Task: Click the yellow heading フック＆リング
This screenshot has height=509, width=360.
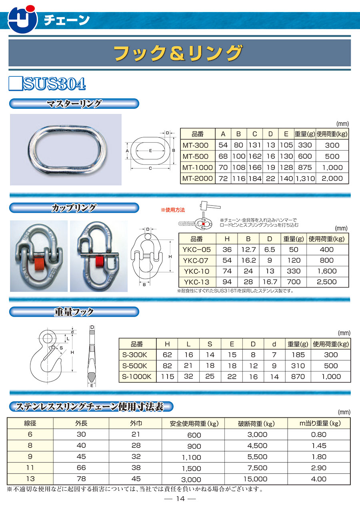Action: point(178,53)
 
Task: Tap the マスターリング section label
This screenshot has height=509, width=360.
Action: point(74,104)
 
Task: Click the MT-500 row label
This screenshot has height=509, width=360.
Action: point(195,156)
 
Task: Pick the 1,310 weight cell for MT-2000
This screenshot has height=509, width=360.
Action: point(305,179)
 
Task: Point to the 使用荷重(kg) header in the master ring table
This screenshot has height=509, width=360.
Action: point(332,134)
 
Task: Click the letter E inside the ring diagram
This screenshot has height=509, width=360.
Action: point(150,151)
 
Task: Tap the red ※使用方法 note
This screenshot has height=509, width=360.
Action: point(173,210)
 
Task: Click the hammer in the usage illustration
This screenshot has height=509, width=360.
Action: point(210,206)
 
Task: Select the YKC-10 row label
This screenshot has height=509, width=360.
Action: point(196,271)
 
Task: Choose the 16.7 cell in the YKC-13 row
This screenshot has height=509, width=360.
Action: point(270,282)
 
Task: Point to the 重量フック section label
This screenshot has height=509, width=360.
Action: point(74,312)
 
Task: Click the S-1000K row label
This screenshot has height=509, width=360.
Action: point(136,377)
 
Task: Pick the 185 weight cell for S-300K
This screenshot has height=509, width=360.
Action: point(298,355)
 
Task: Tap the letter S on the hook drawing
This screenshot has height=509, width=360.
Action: point(61,348)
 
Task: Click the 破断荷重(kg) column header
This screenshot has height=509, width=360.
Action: point(256,423)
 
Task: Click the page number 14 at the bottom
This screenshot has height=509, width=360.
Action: point(180,499)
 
